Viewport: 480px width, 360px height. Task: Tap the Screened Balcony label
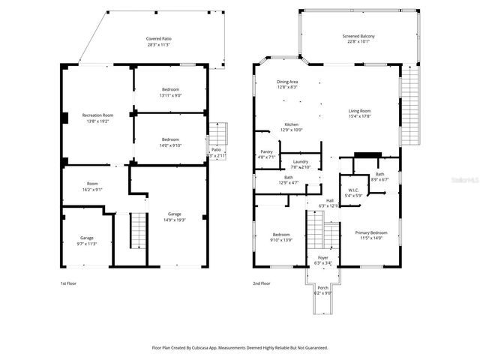358,36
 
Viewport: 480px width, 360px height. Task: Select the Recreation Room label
97,115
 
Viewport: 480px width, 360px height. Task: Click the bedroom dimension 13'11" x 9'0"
170,96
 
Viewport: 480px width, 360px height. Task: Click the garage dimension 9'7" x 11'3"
87,244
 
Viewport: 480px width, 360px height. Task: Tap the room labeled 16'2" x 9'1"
93,189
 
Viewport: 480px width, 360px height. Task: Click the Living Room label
360,110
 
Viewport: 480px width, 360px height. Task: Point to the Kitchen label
291,124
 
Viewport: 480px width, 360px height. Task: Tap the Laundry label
300,161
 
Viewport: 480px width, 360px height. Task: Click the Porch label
322,288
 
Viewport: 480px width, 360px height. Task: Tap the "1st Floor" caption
68,283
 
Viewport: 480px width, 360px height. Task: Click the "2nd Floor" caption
262,283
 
